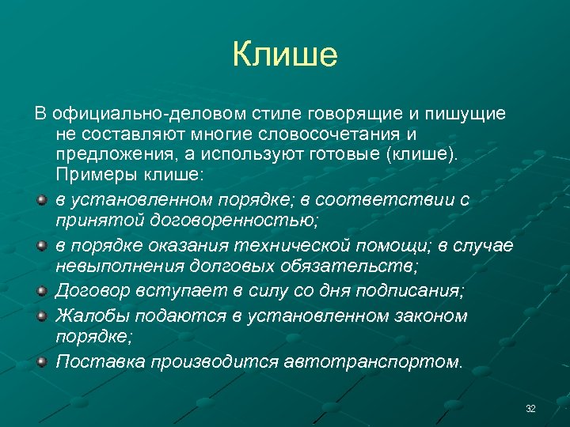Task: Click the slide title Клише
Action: coord(285,55)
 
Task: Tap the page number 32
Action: coord(530,408)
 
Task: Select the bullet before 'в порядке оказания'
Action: coord(41,247)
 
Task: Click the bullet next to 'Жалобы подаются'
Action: coord(41,316)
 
